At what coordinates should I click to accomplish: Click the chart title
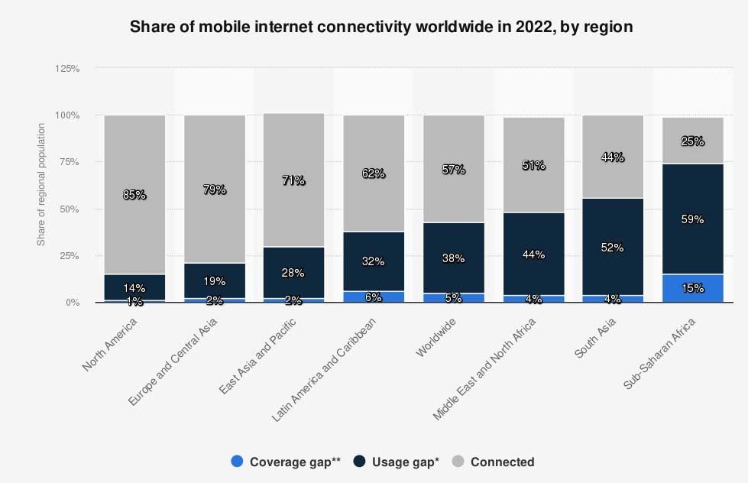[x=381, y=28]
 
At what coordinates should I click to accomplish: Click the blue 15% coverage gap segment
[x=693, y=288]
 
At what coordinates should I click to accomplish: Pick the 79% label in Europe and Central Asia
[x=214, y=190]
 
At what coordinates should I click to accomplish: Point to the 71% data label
[x=293, y=180]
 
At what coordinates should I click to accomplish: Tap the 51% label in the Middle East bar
[x=533, y=165]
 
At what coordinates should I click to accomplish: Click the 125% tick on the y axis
[x=67, y=69]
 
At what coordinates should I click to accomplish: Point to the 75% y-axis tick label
[x=70, y=162]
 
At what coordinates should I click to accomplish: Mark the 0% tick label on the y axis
[x=73, y=303]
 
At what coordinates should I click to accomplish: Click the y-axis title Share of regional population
[x=42, y=185]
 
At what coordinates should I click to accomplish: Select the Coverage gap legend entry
[x=286, y=462]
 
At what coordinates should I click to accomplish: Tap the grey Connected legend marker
[x=458, y=462]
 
